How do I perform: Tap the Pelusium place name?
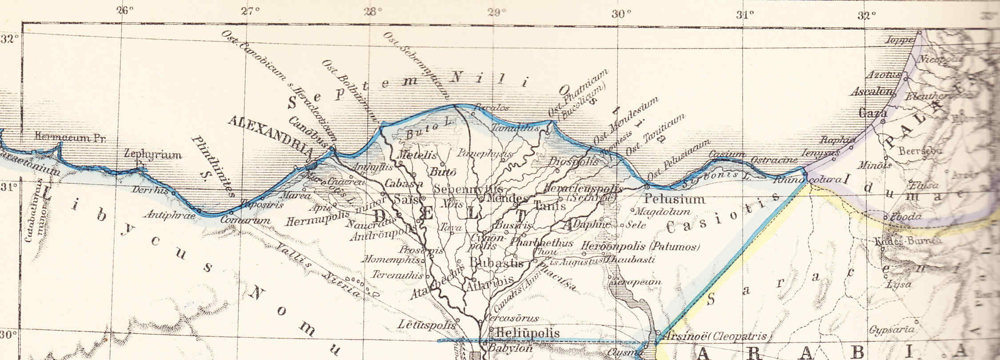[x=674, y=199]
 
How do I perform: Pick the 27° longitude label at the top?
[x=250, y=11]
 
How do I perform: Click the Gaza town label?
[x=873, y=113]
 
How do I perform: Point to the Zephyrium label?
[x=153, y=155]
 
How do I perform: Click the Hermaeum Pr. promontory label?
[x=69, y=138]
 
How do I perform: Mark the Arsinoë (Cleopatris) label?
[x=715, y=336]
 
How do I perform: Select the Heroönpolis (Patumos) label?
[x=640, y=246]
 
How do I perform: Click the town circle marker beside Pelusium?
[x=647, y=187]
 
